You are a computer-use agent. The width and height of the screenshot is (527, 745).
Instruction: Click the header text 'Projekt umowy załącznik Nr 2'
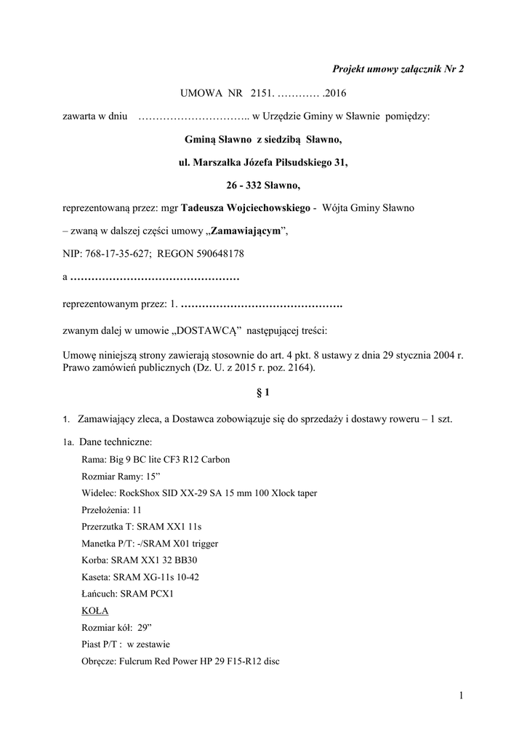click(398, 69)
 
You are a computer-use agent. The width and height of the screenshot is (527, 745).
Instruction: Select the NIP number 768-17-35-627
click(116, 254)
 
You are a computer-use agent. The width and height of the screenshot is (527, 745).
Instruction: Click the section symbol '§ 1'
click(263, 394)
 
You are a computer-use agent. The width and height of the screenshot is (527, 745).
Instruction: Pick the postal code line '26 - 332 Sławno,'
click(263, 186)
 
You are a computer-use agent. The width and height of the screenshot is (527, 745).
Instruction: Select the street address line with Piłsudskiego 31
click(263, 162)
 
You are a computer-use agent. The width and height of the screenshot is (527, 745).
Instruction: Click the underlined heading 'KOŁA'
click(95, 611)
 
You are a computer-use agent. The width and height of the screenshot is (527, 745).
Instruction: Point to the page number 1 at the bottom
click(461, 697)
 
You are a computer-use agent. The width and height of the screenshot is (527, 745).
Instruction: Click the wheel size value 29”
click(144, 628)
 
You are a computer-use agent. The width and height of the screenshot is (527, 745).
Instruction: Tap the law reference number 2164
click(299, 369)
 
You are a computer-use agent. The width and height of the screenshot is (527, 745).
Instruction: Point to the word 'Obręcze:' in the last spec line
click(100, 661)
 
